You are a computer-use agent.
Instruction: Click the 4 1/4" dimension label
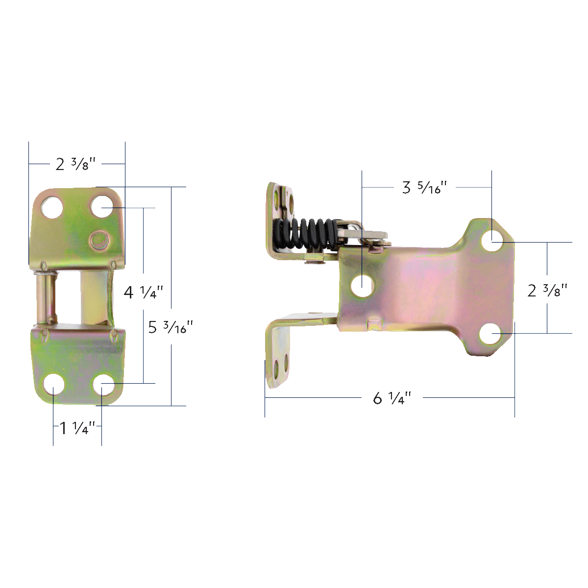click(143, 293)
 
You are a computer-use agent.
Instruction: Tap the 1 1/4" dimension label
click(77, 428)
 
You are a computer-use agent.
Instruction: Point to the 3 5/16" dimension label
click(425, 187)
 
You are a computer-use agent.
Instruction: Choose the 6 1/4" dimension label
click(392, 398)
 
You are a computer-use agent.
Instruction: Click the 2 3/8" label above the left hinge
click(75, 164)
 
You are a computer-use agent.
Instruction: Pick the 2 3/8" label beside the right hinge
click(547, 291)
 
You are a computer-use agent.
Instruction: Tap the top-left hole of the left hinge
click(51, 207)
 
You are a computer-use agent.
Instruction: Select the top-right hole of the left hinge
click(101, 207)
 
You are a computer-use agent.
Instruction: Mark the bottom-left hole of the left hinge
click(53, 385)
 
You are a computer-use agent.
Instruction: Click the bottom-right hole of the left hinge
click(102, 385)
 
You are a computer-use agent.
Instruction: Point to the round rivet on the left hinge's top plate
click(99, 240)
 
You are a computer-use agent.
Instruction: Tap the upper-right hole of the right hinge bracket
click(492, 242)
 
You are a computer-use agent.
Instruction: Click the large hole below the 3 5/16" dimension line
click(363, 284)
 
